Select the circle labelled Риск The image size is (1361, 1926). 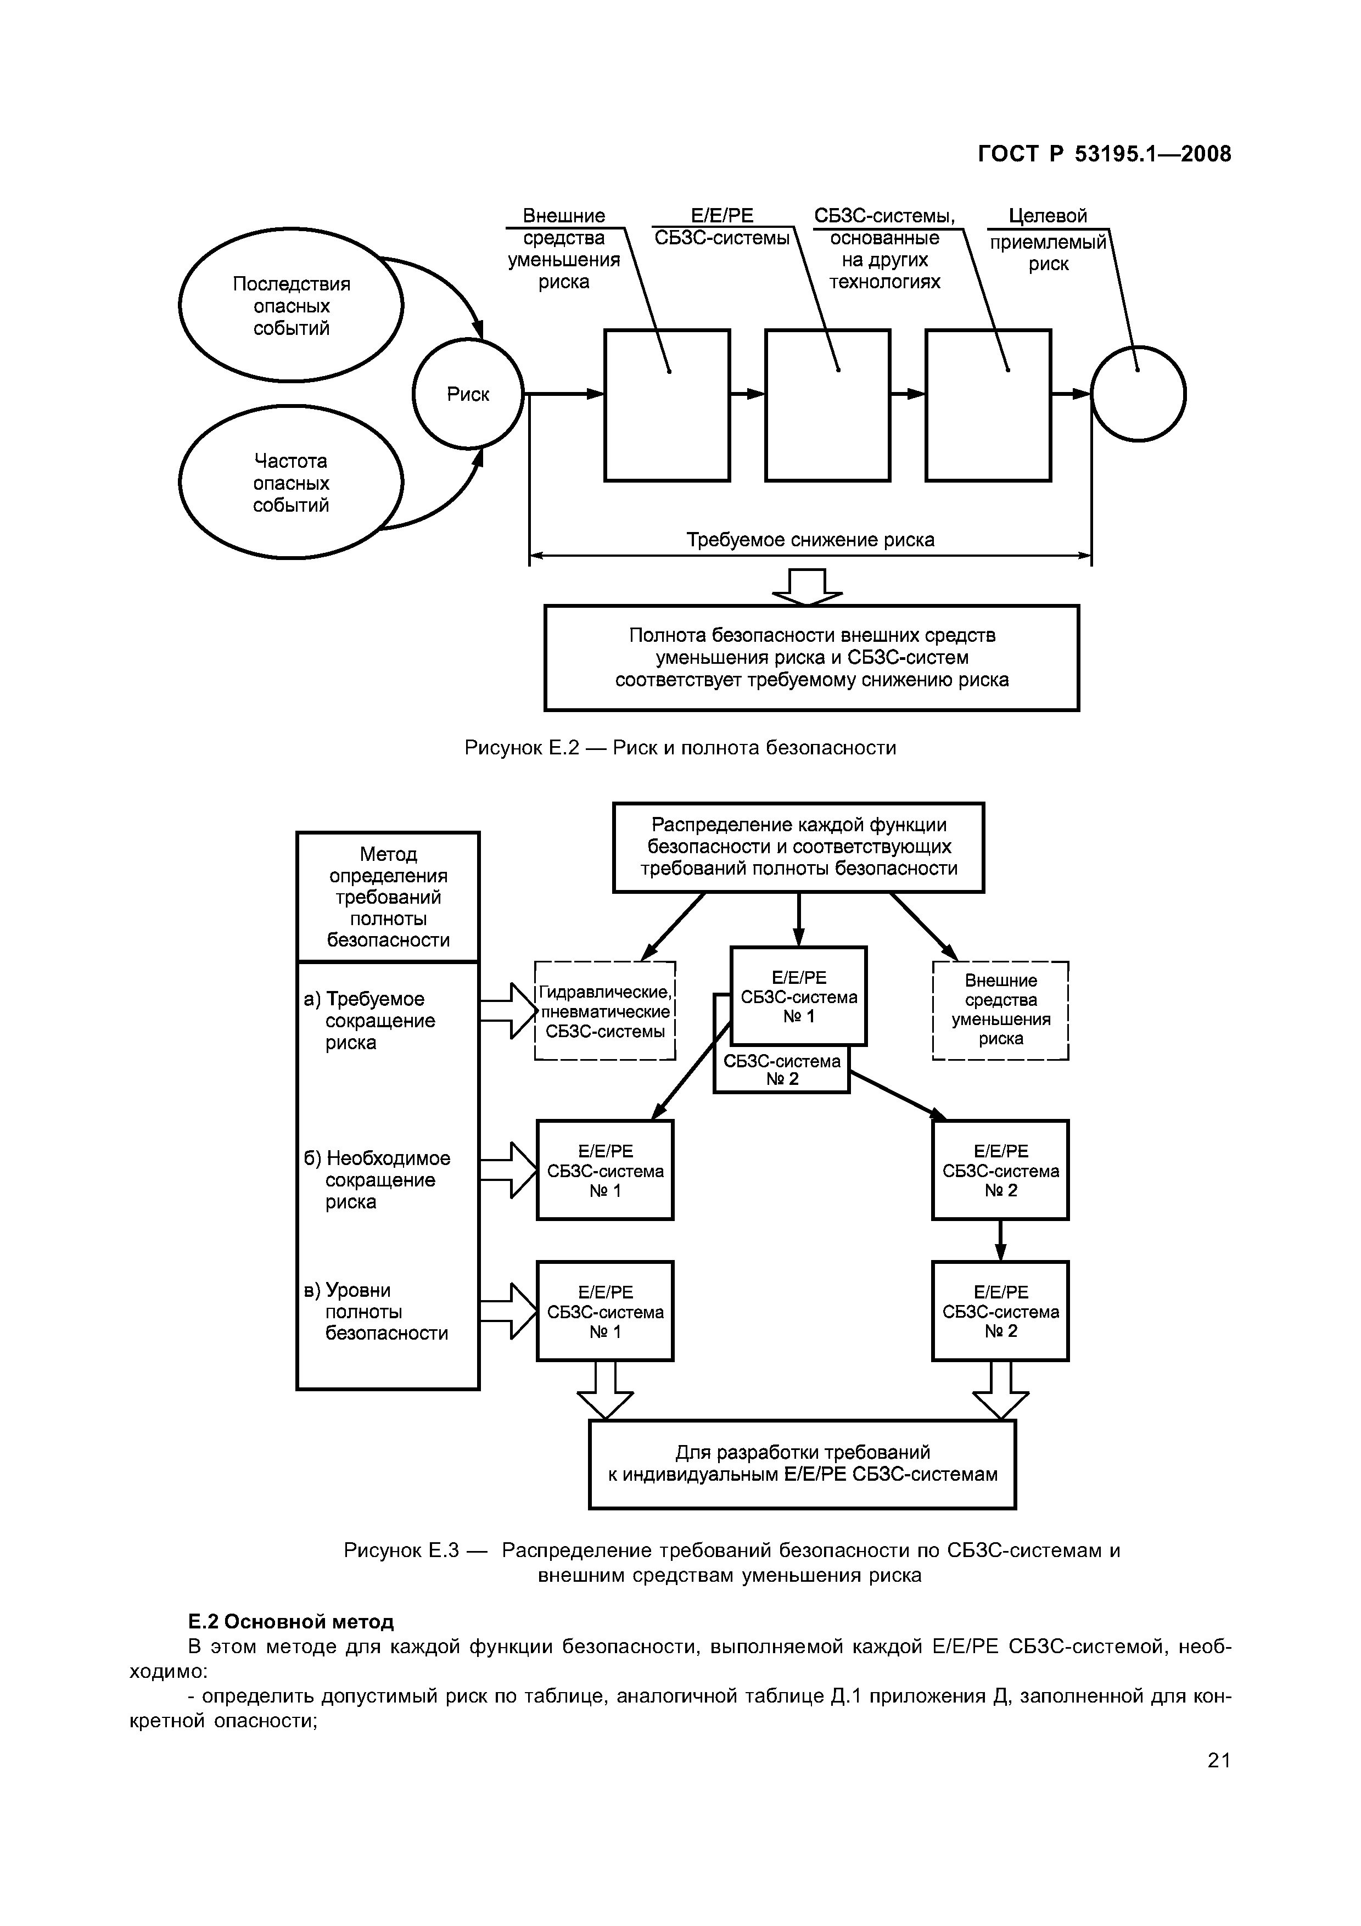[x=468, y=394]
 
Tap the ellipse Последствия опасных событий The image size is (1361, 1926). [x=291, y=305]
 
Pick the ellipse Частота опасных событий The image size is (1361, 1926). [x=291, y=483]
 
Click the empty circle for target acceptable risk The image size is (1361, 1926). [x=1138, y=394]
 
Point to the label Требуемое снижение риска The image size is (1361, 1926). [x=810, y=539]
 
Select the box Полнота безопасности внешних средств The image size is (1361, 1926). [x=812, y=658]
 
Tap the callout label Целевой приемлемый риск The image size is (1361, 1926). [x=1048, y=240]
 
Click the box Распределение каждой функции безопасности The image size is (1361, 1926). [x=798, y=847]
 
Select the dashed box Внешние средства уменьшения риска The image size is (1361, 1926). [x=1000, y=1010]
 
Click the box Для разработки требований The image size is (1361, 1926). [x=803, y=1464]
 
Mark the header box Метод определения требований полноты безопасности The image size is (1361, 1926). [x=388, y=897]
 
